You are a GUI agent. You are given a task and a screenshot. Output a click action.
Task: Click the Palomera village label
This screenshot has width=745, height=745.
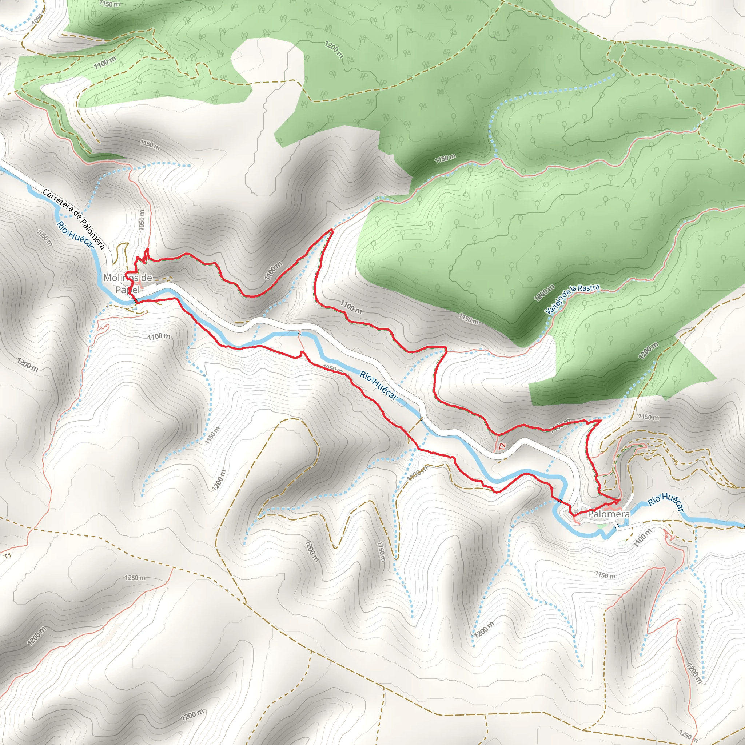click(609, 514)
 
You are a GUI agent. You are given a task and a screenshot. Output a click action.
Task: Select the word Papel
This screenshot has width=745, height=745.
click(128, 290)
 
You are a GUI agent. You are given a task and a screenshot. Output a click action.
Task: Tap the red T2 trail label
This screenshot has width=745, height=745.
click(502, 447)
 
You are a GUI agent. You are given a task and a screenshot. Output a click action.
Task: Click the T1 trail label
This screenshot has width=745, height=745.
click(8, 557)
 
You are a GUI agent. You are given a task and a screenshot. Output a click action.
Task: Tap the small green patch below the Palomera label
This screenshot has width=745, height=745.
click(601, 525)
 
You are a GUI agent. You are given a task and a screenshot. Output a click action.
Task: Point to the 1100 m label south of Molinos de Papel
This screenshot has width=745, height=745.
click(159, 336)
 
